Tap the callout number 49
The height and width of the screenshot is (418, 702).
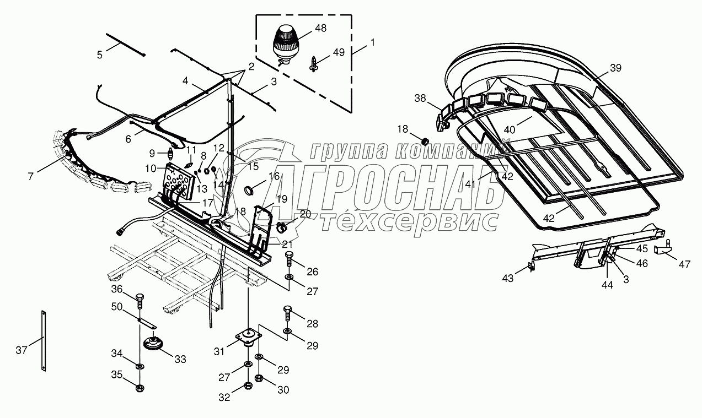(x=338, y=52)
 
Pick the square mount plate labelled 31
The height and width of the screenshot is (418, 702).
(x=246, y=337)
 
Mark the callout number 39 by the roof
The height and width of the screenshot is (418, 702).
(x=615, y=68)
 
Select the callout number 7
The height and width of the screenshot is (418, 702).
(x=31, y=176)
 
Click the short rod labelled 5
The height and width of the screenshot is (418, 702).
(x=125, y=44)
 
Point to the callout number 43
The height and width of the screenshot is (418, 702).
(x=507, y=279)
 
